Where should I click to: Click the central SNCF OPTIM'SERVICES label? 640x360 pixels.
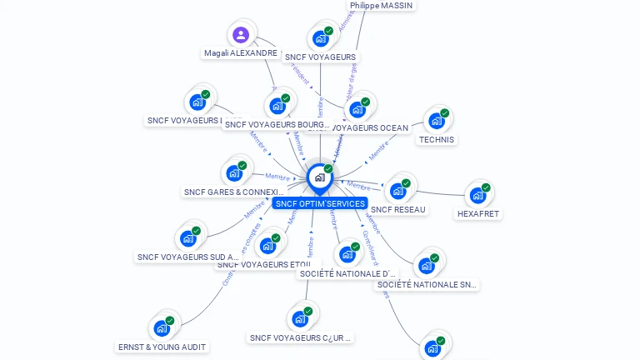(x=320, y=203)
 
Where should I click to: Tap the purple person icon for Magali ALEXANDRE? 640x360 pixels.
(x=241, y=35)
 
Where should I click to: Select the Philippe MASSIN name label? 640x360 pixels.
(x=381, y=5)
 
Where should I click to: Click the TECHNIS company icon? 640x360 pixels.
(x=437, y=121)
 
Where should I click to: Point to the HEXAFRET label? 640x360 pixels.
(x=478, y=213)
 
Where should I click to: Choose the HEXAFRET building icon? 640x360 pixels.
(x=477, y=195)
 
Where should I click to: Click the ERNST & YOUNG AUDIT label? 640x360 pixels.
(x=162, y=347)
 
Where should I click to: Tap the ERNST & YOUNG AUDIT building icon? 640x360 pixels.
(x=162, y=327)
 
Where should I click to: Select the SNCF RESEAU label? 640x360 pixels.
(x=398, y=209)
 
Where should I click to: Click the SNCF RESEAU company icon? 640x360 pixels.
(x=398, y=191)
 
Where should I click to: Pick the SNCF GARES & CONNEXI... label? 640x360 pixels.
(x=234, y=192)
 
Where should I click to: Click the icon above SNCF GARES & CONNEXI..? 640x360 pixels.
(x=234, y=173)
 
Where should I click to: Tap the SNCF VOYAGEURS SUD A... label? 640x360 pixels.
(x=188, y=257)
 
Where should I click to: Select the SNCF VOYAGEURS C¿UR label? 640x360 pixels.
(x=301, y=338)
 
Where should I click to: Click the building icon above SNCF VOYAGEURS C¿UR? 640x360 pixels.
(x=300, y=318)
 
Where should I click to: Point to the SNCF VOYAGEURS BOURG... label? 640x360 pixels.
(x=277, y=125)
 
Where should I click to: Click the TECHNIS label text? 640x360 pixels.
(x=437, y=139)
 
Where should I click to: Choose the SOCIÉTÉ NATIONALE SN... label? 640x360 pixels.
(x=427, y=285)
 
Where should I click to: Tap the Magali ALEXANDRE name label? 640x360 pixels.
(x=241, y=52)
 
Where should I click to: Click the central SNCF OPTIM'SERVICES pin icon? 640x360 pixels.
(x=320, y=177)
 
